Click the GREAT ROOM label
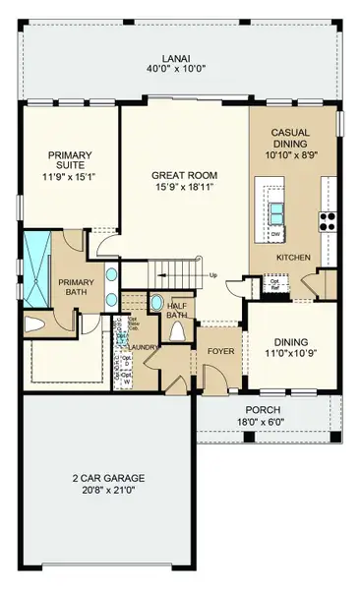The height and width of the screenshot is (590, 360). (x=183, y=175)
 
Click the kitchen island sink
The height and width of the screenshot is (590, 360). (x=276, y=208)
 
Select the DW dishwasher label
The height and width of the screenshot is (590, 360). (x=276, y=235)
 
